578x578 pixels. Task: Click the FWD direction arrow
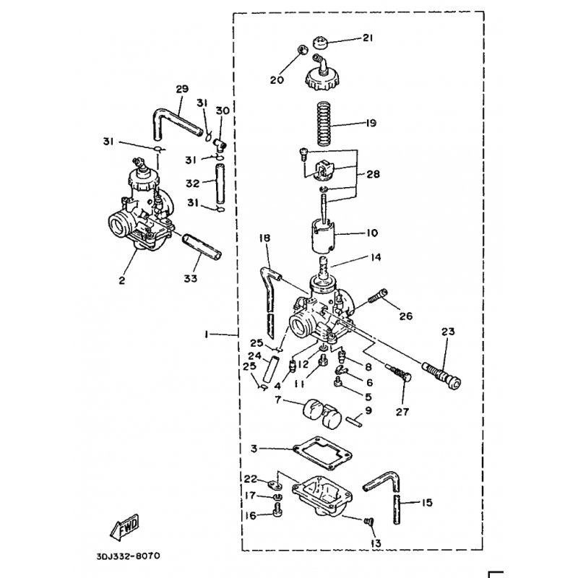pos(124,527)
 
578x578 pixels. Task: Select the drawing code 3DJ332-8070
pos(129,556)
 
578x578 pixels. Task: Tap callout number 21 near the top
pos(368,38)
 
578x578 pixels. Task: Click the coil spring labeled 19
pos(324,124)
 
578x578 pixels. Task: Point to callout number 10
pos(372,233)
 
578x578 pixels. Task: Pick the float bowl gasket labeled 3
pos(322,453)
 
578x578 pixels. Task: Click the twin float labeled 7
pos(322,413)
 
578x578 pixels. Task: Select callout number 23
pos(448,332)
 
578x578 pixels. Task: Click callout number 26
pos(406,316)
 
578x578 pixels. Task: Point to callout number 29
pos(182,89)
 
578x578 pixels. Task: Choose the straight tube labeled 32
pos(220,184)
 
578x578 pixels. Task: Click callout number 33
pos(191,279)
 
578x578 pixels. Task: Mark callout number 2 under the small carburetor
pos(122,280)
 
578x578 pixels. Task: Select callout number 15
pos(427,502)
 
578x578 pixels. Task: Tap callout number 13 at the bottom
pos(376,543)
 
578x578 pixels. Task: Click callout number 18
pos(264,238)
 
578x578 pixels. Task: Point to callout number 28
pos(373,173)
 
